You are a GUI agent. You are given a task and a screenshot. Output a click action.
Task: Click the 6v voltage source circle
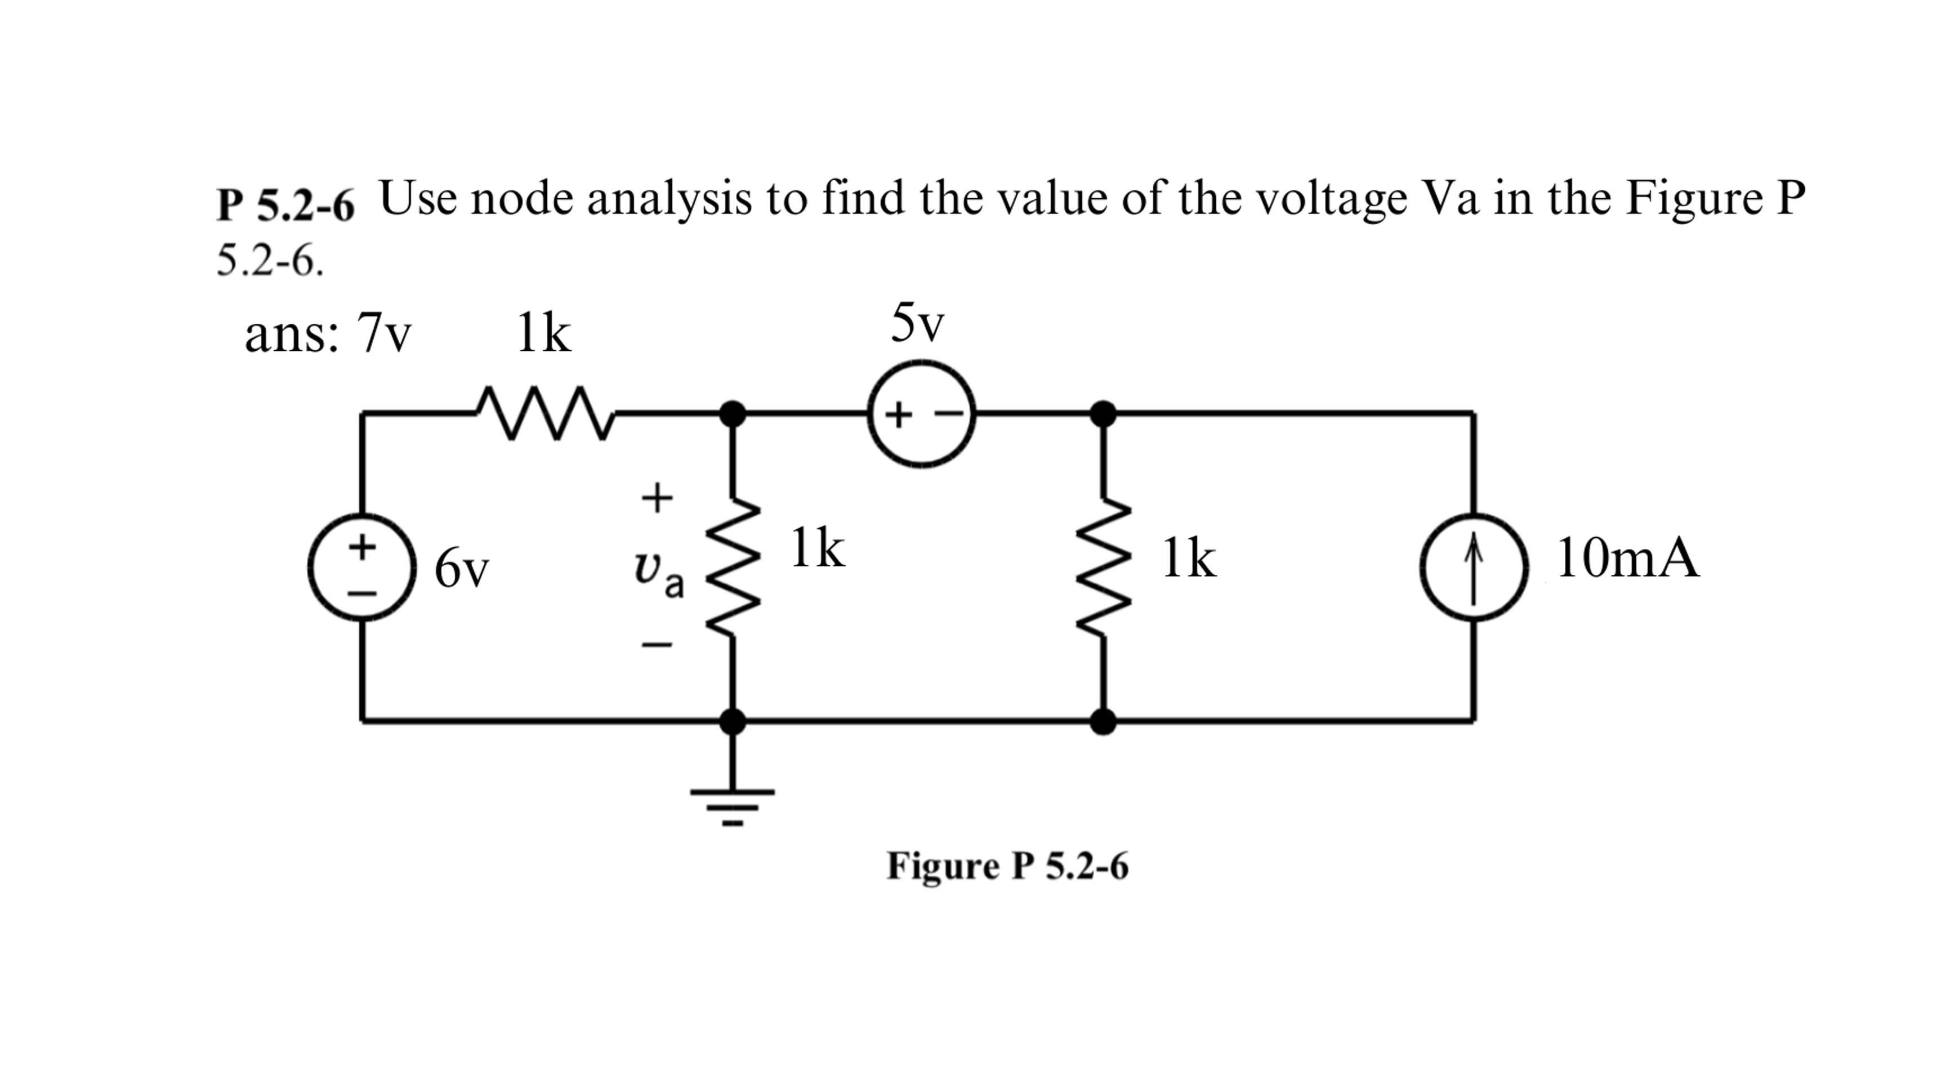click(x=362, y=566)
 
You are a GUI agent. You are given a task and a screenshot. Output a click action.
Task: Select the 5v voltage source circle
click(x=921, y=414)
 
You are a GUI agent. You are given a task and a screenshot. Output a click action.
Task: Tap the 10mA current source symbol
click(x=1474, y=566)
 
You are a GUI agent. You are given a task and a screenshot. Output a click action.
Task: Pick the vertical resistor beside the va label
click(x=731, y=566)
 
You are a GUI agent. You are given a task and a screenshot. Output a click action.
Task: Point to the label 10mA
click(x=1627, y=559)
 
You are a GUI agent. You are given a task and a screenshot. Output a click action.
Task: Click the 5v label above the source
click(x=917, y=323)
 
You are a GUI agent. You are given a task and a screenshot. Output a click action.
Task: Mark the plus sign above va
click(x=657, y=498)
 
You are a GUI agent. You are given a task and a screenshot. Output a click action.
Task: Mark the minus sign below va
click(x=657, y=644)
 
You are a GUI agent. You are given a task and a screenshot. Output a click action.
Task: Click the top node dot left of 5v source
click(x=732, y=414)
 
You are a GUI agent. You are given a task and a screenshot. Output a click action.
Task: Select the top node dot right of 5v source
click(x=1103, y=414)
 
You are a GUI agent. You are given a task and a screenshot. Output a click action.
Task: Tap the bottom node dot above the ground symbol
click(x=732, y=721)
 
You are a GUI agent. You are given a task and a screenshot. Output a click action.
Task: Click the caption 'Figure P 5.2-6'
click(x=1007, y=866)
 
